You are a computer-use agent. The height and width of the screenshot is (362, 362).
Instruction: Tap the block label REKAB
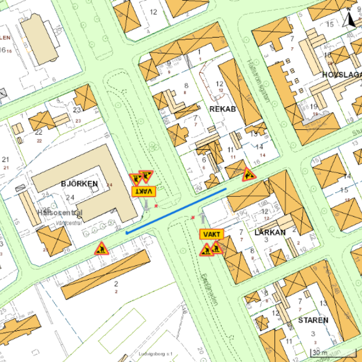pos(222,109)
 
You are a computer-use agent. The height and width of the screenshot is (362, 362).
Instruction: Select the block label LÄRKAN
pos(270,232)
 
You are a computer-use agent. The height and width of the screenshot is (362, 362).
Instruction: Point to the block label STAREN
pos(313,320)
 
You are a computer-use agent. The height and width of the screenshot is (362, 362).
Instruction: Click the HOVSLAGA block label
pos(342,75)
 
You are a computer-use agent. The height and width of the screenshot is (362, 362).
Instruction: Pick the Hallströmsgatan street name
pos(260,80)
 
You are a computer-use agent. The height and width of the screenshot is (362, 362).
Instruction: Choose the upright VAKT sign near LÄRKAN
pos(211,234)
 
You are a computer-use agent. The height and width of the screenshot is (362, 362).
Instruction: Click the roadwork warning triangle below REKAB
pos(249,174)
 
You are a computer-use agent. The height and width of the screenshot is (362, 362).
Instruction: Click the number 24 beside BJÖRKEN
pos(70,197)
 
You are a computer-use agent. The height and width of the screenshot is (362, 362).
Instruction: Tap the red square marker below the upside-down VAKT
pos(156,205)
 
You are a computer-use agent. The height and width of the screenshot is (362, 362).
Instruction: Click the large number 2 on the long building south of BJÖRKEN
pos(116,284)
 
